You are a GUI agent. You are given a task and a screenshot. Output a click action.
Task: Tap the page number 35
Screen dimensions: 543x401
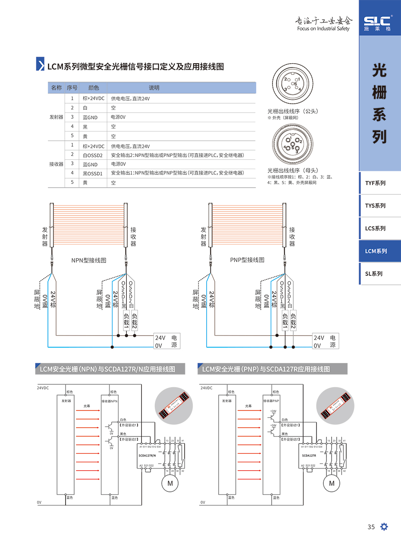(371, 527)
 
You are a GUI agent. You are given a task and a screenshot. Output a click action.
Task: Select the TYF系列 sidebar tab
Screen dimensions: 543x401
(375, 183)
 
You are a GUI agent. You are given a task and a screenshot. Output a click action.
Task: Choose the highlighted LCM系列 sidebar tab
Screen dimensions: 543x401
(376, 251)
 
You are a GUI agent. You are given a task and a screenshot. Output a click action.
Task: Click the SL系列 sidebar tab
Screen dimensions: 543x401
(373, 274)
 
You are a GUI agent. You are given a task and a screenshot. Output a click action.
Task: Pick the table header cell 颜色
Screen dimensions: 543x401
(94, 88)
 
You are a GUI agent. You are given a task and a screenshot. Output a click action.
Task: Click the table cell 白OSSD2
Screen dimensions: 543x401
(93, 155)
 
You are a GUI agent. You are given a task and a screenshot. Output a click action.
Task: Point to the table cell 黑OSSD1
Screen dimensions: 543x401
(93, 173)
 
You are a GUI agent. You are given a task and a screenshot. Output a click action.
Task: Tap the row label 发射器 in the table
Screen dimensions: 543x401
(56, 117)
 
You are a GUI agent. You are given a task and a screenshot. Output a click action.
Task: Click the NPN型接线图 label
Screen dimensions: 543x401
(88, 260)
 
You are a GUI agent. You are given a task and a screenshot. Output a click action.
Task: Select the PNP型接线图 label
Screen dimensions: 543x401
(247, 260)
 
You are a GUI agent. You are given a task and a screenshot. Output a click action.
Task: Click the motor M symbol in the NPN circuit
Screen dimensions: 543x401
(170, 483)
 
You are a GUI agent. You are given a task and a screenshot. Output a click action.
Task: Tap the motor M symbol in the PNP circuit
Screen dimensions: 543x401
(332, 483)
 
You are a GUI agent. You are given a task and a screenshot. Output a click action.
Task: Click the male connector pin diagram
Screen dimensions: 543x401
(293, 83)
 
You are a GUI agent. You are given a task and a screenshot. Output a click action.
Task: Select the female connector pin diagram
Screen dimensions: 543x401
(293, 145)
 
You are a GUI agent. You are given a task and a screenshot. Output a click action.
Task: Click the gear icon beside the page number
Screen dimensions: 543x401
(384, 527)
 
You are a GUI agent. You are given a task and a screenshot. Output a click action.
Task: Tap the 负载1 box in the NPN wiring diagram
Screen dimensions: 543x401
(126, 321)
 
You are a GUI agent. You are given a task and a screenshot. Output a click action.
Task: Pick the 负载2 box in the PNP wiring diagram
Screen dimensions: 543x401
(293, 321)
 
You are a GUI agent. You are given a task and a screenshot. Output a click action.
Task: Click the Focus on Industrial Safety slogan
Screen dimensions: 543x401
(323, 29)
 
